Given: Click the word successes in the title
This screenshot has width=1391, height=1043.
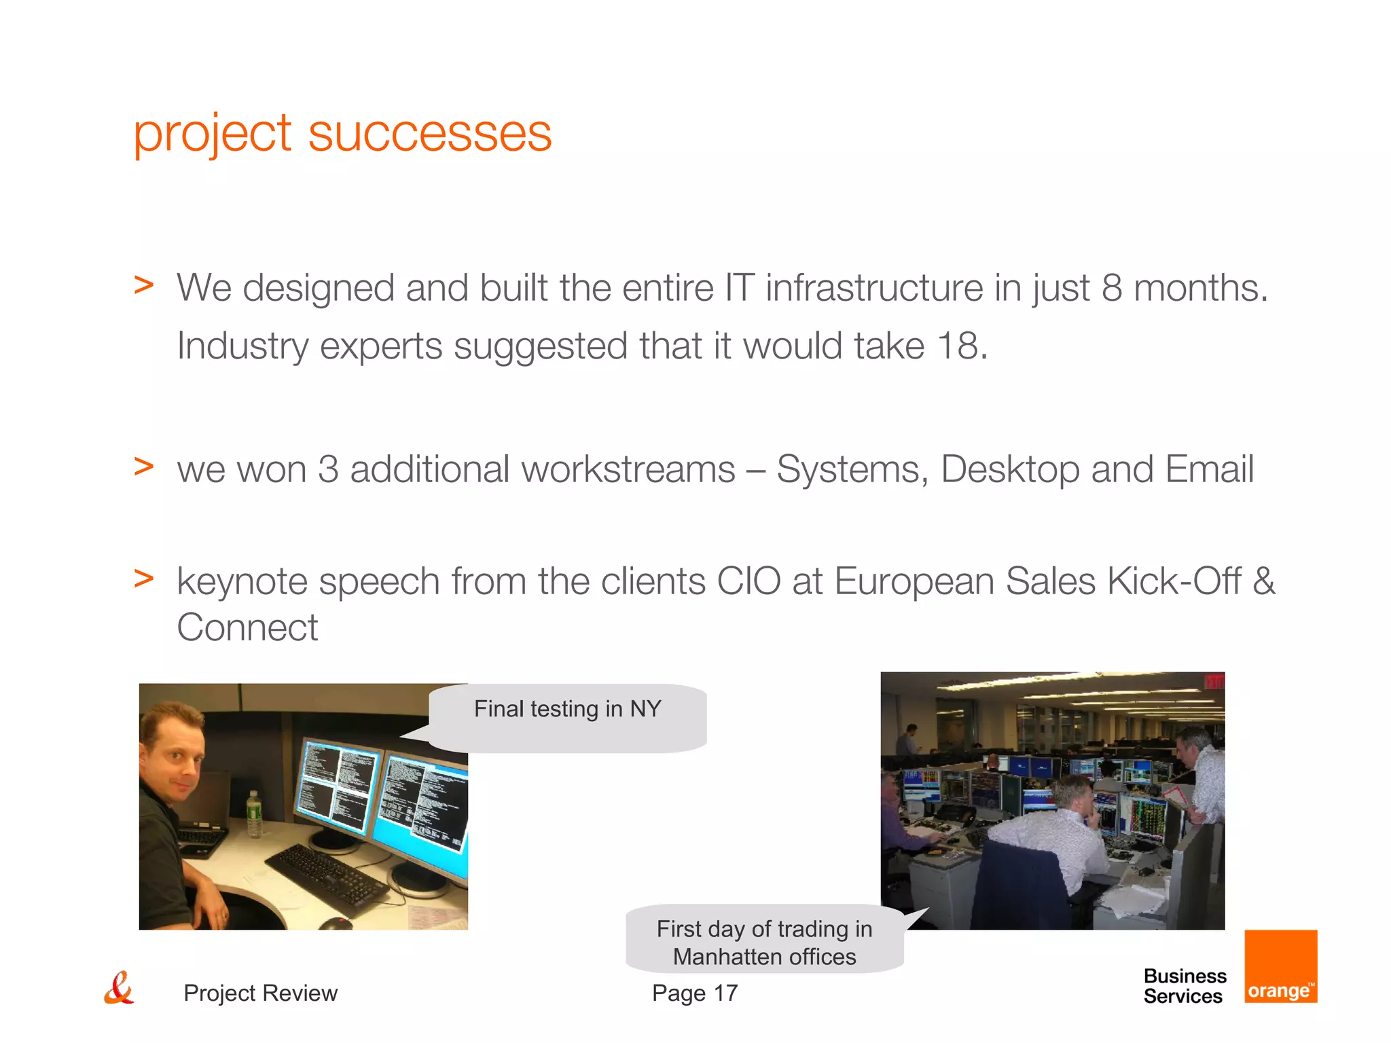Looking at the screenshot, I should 429,133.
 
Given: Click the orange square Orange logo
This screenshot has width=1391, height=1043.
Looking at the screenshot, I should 1280,966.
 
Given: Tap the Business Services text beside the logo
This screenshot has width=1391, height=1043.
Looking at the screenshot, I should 1185,986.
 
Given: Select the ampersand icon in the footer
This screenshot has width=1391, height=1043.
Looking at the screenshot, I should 119,989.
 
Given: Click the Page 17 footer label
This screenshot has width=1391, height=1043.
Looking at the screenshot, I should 694,993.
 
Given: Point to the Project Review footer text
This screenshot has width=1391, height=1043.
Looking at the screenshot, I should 260,993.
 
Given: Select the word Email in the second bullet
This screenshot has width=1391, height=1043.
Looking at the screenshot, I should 1209,469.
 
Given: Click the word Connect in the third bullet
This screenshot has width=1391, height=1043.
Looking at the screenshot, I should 247,627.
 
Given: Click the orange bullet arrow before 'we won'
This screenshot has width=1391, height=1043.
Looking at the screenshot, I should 143,466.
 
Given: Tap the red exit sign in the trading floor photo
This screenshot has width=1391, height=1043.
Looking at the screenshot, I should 1214,681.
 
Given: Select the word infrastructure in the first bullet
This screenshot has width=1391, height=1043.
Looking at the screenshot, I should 874,288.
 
